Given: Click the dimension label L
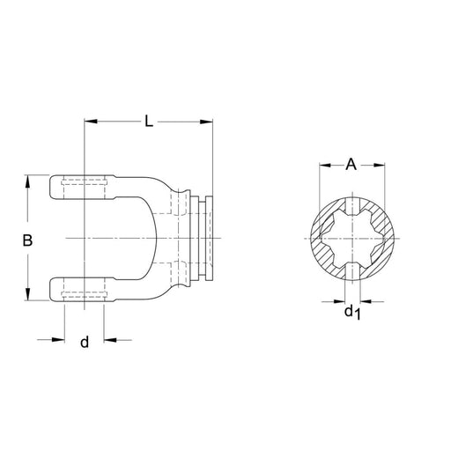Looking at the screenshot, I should pyautogui.click(x=149, y=122).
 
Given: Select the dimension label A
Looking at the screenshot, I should pyautogui.click(x=352, y=164).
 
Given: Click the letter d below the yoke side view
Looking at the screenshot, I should pyautogui.click(x=85, y=342).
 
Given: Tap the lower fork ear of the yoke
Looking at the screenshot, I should pyautogui.click(x=84, y=288).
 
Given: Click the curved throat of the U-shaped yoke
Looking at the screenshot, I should pyautogui.click(x=155, y=238).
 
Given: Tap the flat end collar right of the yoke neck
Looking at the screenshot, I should pyautogui.click(x=208, y=238).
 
